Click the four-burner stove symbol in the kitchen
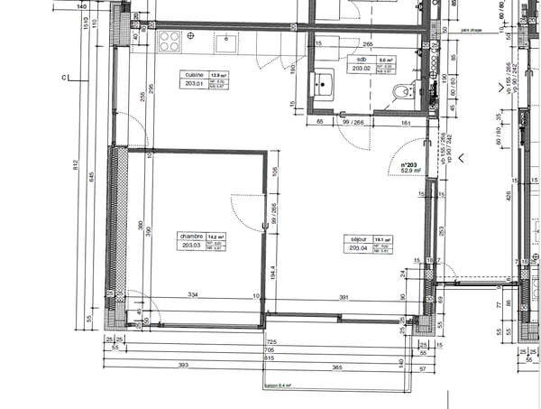pyautogui.click(x=169, y=40)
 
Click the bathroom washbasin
pyautogui.click(x=324, y=87)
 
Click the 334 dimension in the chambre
pyautogui.click(x=192, y=294)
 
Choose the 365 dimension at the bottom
pyautogui.click(x=336, y=367)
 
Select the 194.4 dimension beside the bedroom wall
pyautogui.click(x=272, y=269)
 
